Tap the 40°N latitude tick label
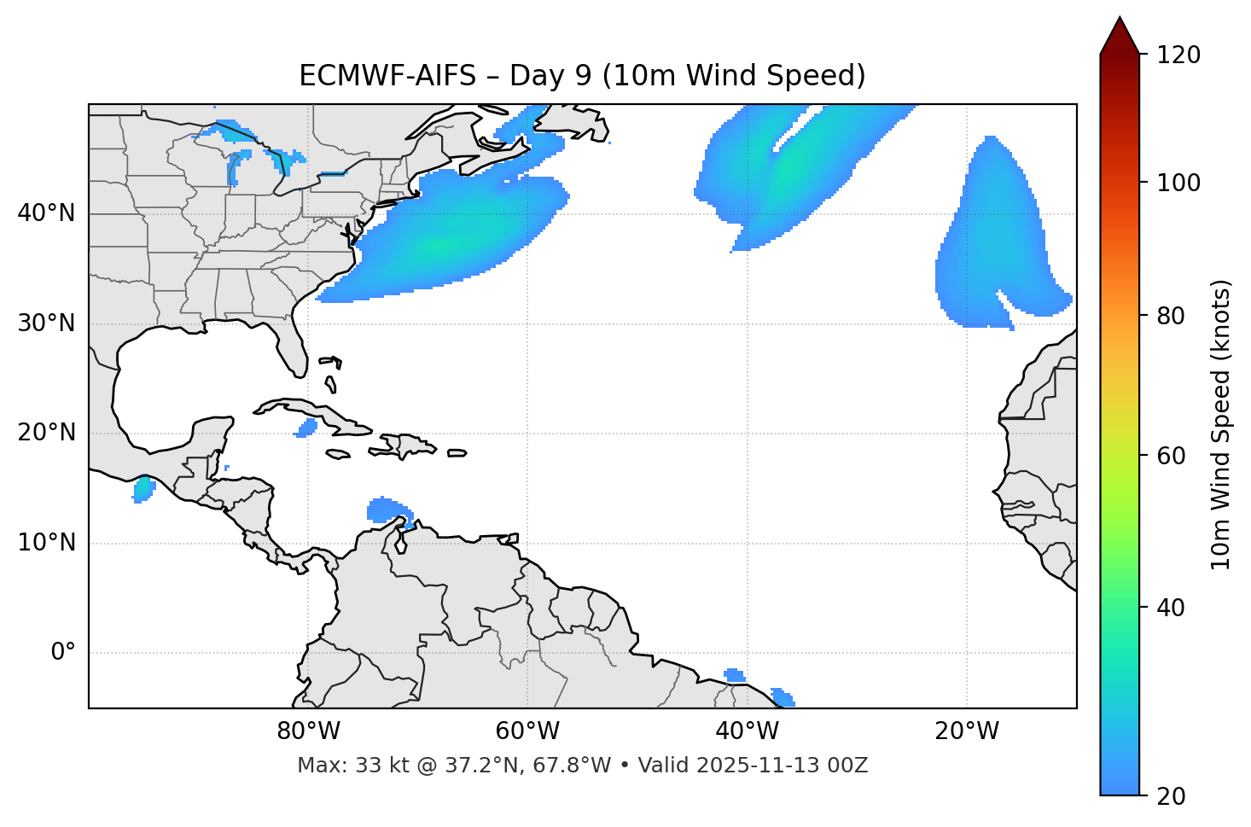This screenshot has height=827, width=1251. click(46, 213)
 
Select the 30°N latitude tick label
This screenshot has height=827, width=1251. click(46, 323)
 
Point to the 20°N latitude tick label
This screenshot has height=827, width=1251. click(46, 433)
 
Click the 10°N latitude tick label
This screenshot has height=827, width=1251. click(46, 543)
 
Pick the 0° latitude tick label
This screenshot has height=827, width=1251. click(63, 653)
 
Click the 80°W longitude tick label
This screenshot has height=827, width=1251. click(308, 731)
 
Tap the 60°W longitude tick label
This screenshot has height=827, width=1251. click(527, 731)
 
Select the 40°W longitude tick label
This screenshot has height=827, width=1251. click(747, 731)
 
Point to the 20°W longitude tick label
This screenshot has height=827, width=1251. click(967, 731)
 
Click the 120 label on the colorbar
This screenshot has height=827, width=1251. click(1178, 55)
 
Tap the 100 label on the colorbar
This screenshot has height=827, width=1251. click(1178, 183)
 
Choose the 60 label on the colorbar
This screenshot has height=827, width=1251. click(1171, 456)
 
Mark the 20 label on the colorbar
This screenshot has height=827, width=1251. click(1171, 796)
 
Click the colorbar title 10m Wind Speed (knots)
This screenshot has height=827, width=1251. click(1221, 425)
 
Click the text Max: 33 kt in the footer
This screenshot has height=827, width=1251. click(335, 766)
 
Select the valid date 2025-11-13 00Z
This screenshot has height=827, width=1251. click(782, 766)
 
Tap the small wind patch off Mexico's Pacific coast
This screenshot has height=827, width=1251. click(143, 489)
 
